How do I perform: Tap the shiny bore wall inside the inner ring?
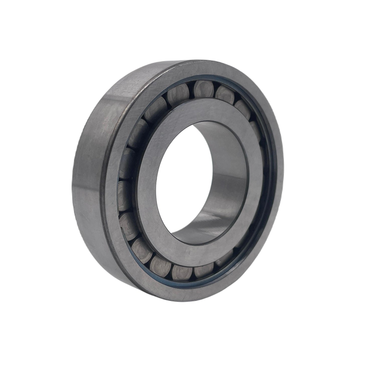[x=226, y=191]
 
